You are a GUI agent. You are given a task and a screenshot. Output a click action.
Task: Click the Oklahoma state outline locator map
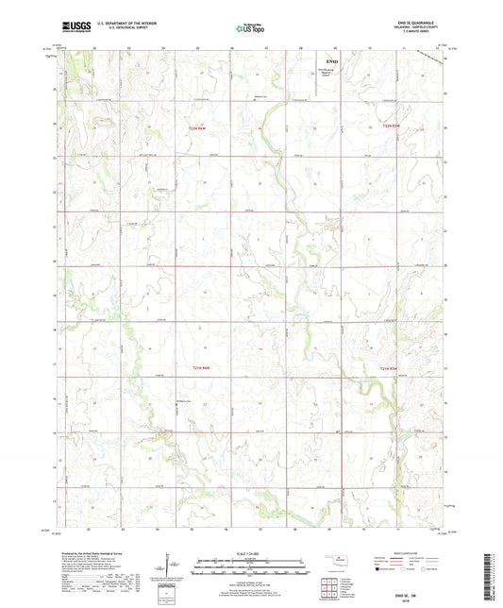point(333,561)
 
